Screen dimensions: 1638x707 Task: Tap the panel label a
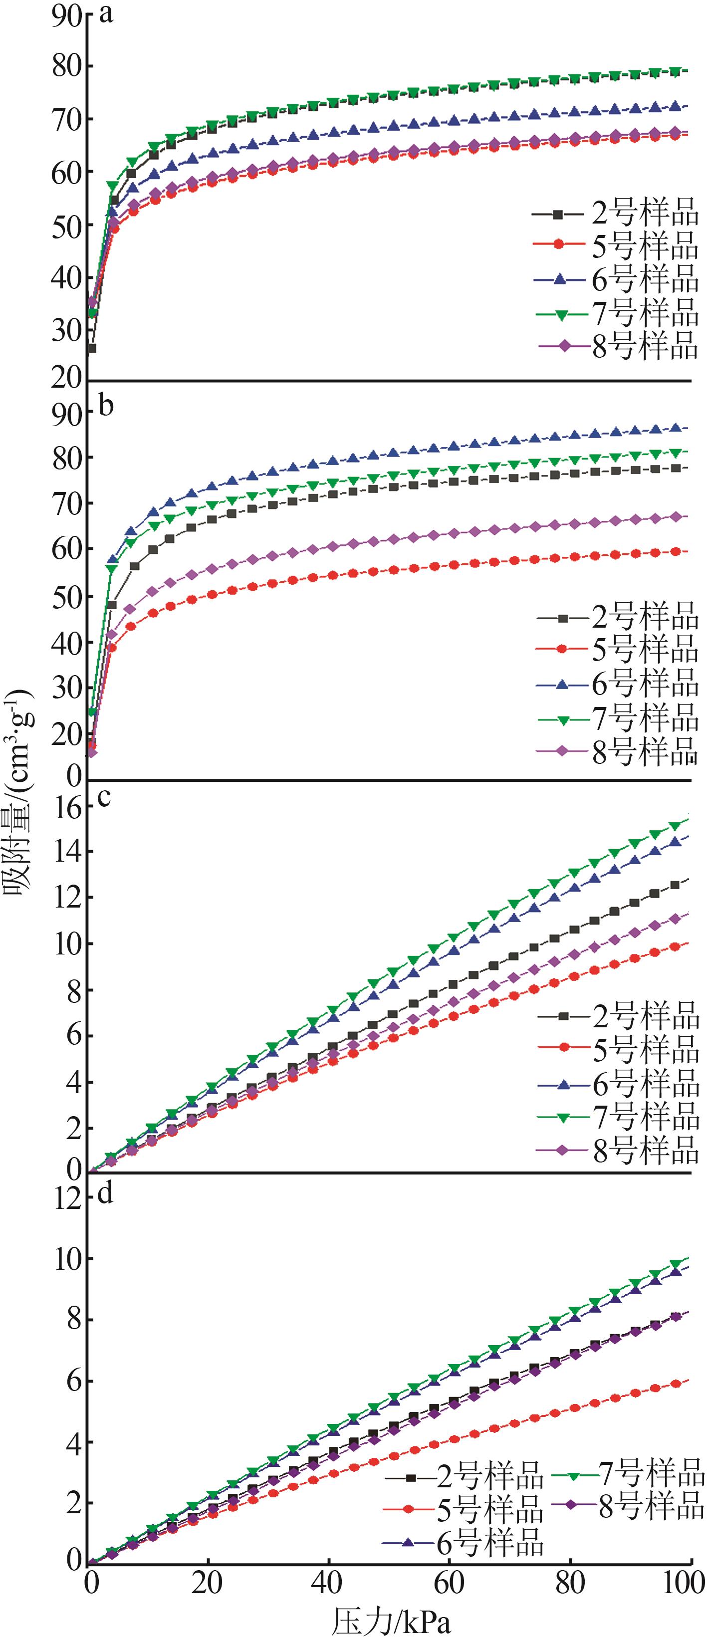coord(106,14)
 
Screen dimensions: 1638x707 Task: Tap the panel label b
coord(106,405)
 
